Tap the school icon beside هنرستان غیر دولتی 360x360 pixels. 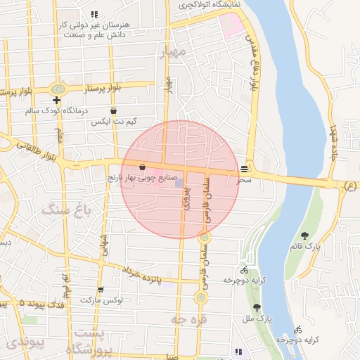(94, 14)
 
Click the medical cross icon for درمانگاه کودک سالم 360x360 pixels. (56, 101)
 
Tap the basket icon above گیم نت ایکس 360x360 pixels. (113, 110)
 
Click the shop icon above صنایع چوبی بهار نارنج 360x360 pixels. (143, 167)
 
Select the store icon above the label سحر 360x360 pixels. (244, 169)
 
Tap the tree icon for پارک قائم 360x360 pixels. (304, 236)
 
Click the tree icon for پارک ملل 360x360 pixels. (257, 307)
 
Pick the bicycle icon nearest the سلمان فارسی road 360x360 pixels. (244, 269)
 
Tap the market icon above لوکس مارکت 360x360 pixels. (101, 290)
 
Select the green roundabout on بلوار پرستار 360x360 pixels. (58, 89)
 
